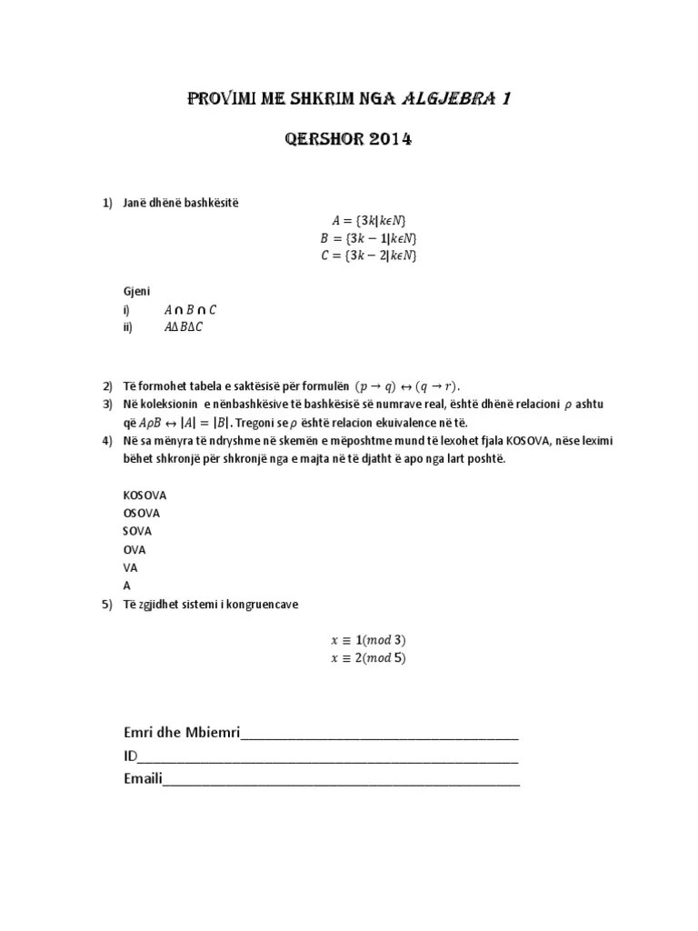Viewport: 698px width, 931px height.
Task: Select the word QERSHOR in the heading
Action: (x=317, y=140)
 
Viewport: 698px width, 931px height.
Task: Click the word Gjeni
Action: (x=136, y=292)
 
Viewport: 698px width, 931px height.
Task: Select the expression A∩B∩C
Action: (x=190, y=310)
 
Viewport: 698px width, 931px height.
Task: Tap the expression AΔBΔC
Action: (x=184, y=328)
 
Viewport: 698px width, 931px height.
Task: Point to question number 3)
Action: (x=107, y=404)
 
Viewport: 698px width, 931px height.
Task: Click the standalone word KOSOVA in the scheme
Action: (x=145, y=496)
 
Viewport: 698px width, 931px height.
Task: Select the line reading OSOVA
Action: (x=141, y=514)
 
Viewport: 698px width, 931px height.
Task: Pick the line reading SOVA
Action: (x=137, y=531)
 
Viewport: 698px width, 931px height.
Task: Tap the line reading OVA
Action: (x=134, y=550)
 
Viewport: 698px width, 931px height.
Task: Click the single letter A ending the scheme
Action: (x=126, y=586)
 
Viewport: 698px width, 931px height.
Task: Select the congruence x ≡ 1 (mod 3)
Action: (x=368, y=640)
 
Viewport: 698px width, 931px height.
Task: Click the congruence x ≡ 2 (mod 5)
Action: (x=368, y=658)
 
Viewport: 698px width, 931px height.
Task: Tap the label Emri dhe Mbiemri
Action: (x=181, y=734)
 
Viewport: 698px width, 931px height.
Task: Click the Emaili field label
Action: (x=143, y=778)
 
